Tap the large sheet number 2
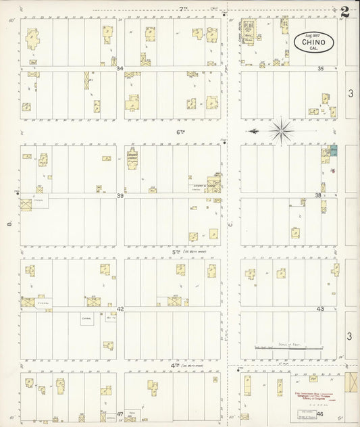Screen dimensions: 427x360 (345, 11)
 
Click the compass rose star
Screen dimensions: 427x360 (281, 130)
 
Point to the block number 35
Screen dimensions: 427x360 (321, 69)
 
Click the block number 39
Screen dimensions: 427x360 (120, 196)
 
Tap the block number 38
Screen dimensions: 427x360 (318, 195)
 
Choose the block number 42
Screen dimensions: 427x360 (120, 309)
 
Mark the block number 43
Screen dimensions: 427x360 (321, 309)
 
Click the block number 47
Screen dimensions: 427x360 (120, 413)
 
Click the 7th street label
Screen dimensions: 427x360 (182, 9)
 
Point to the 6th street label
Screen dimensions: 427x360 (180, 132)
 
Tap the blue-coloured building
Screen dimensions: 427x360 (333, 151)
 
